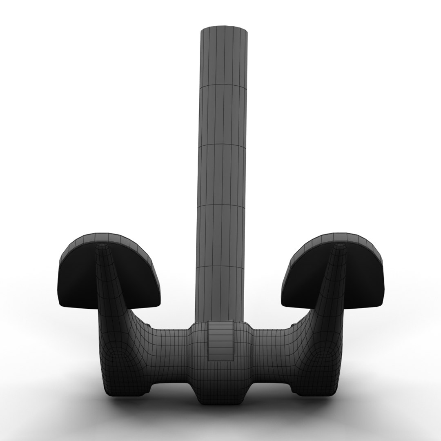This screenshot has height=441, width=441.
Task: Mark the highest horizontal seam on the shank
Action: (223, 87)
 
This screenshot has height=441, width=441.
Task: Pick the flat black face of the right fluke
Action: (361, 282)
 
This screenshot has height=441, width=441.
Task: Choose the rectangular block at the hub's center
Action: (220, 341)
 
